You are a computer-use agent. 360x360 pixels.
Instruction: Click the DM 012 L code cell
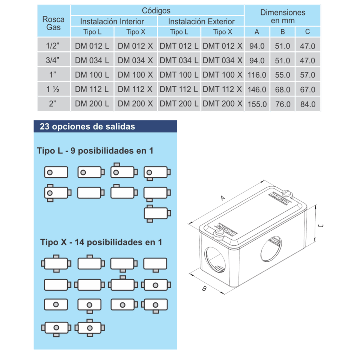coord(92,46)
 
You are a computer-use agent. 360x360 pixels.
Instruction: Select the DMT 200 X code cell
coord(223,104)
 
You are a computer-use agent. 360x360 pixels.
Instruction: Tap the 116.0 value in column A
coord(257,75)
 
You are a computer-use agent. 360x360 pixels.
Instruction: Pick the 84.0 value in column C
coord(308,104)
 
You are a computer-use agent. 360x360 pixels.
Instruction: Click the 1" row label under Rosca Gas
coord(53,75)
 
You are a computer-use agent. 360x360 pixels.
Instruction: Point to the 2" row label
coord(53,104)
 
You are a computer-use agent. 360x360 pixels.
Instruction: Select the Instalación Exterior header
coord(201,21)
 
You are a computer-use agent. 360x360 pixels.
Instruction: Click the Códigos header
coord(156,11)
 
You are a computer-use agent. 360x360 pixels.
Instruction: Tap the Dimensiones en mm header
coord(283,16)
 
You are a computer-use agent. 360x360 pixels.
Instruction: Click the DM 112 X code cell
coord(136,89)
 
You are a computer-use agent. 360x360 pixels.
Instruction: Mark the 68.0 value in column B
coord(283,90)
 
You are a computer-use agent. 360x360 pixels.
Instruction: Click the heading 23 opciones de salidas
coord(88,127)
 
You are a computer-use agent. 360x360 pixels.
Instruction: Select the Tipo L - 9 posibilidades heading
coord(95,150)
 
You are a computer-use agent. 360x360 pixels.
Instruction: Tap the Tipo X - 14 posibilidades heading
coord(101,242)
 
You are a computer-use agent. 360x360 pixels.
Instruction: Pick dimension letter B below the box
coord(204,289)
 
